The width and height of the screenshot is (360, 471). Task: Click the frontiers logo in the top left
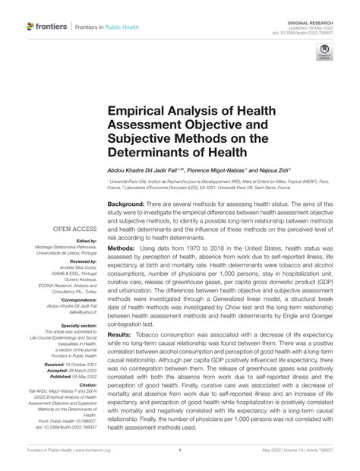click(46, 27)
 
